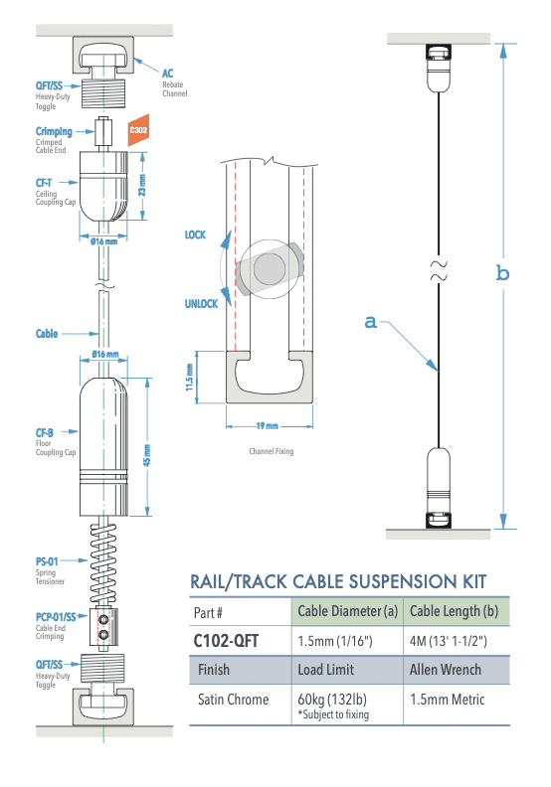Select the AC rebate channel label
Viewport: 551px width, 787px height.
(x=169, y=74)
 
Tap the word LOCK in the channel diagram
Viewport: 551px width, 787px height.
(x=195, y=236)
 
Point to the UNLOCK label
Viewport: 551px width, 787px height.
(x=201, y=304)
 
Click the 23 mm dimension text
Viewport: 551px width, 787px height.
(x=142, y=186)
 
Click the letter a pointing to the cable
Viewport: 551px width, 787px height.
(x=370, y=321)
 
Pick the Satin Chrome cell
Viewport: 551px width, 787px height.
(x=233, y=700)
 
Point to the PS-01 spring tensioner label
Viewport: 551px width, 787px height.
(x=49, y=562)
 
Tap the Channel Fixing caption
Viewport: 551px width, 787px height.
(x=271, y=452)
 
